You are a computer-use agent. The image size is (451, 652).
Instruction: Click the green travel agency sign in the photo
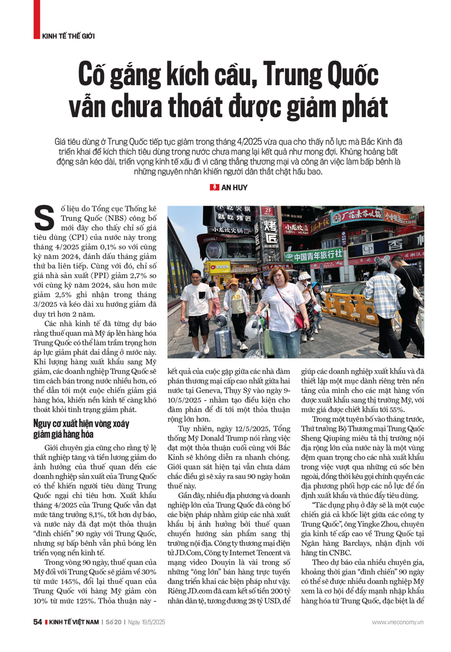click(313, 255)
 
